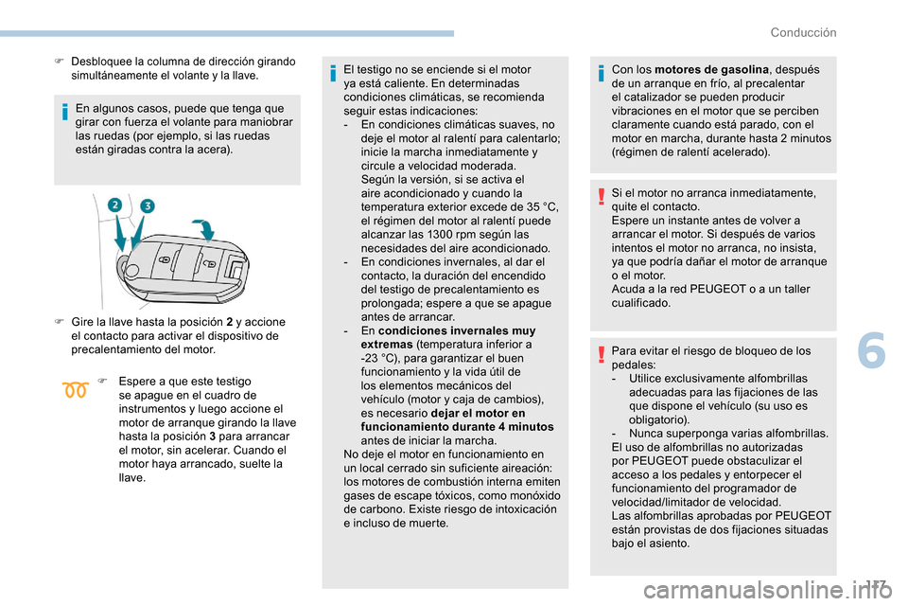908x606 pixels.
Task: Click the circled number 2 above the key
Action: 115,205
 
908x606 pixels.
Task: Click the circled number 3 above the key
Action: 148,205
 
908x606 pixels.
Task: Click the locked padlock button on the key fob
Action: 165,258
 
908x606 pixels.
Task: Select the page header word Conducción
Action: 803,32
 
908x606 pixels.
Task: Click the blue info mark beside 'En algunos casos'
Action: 64,114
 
